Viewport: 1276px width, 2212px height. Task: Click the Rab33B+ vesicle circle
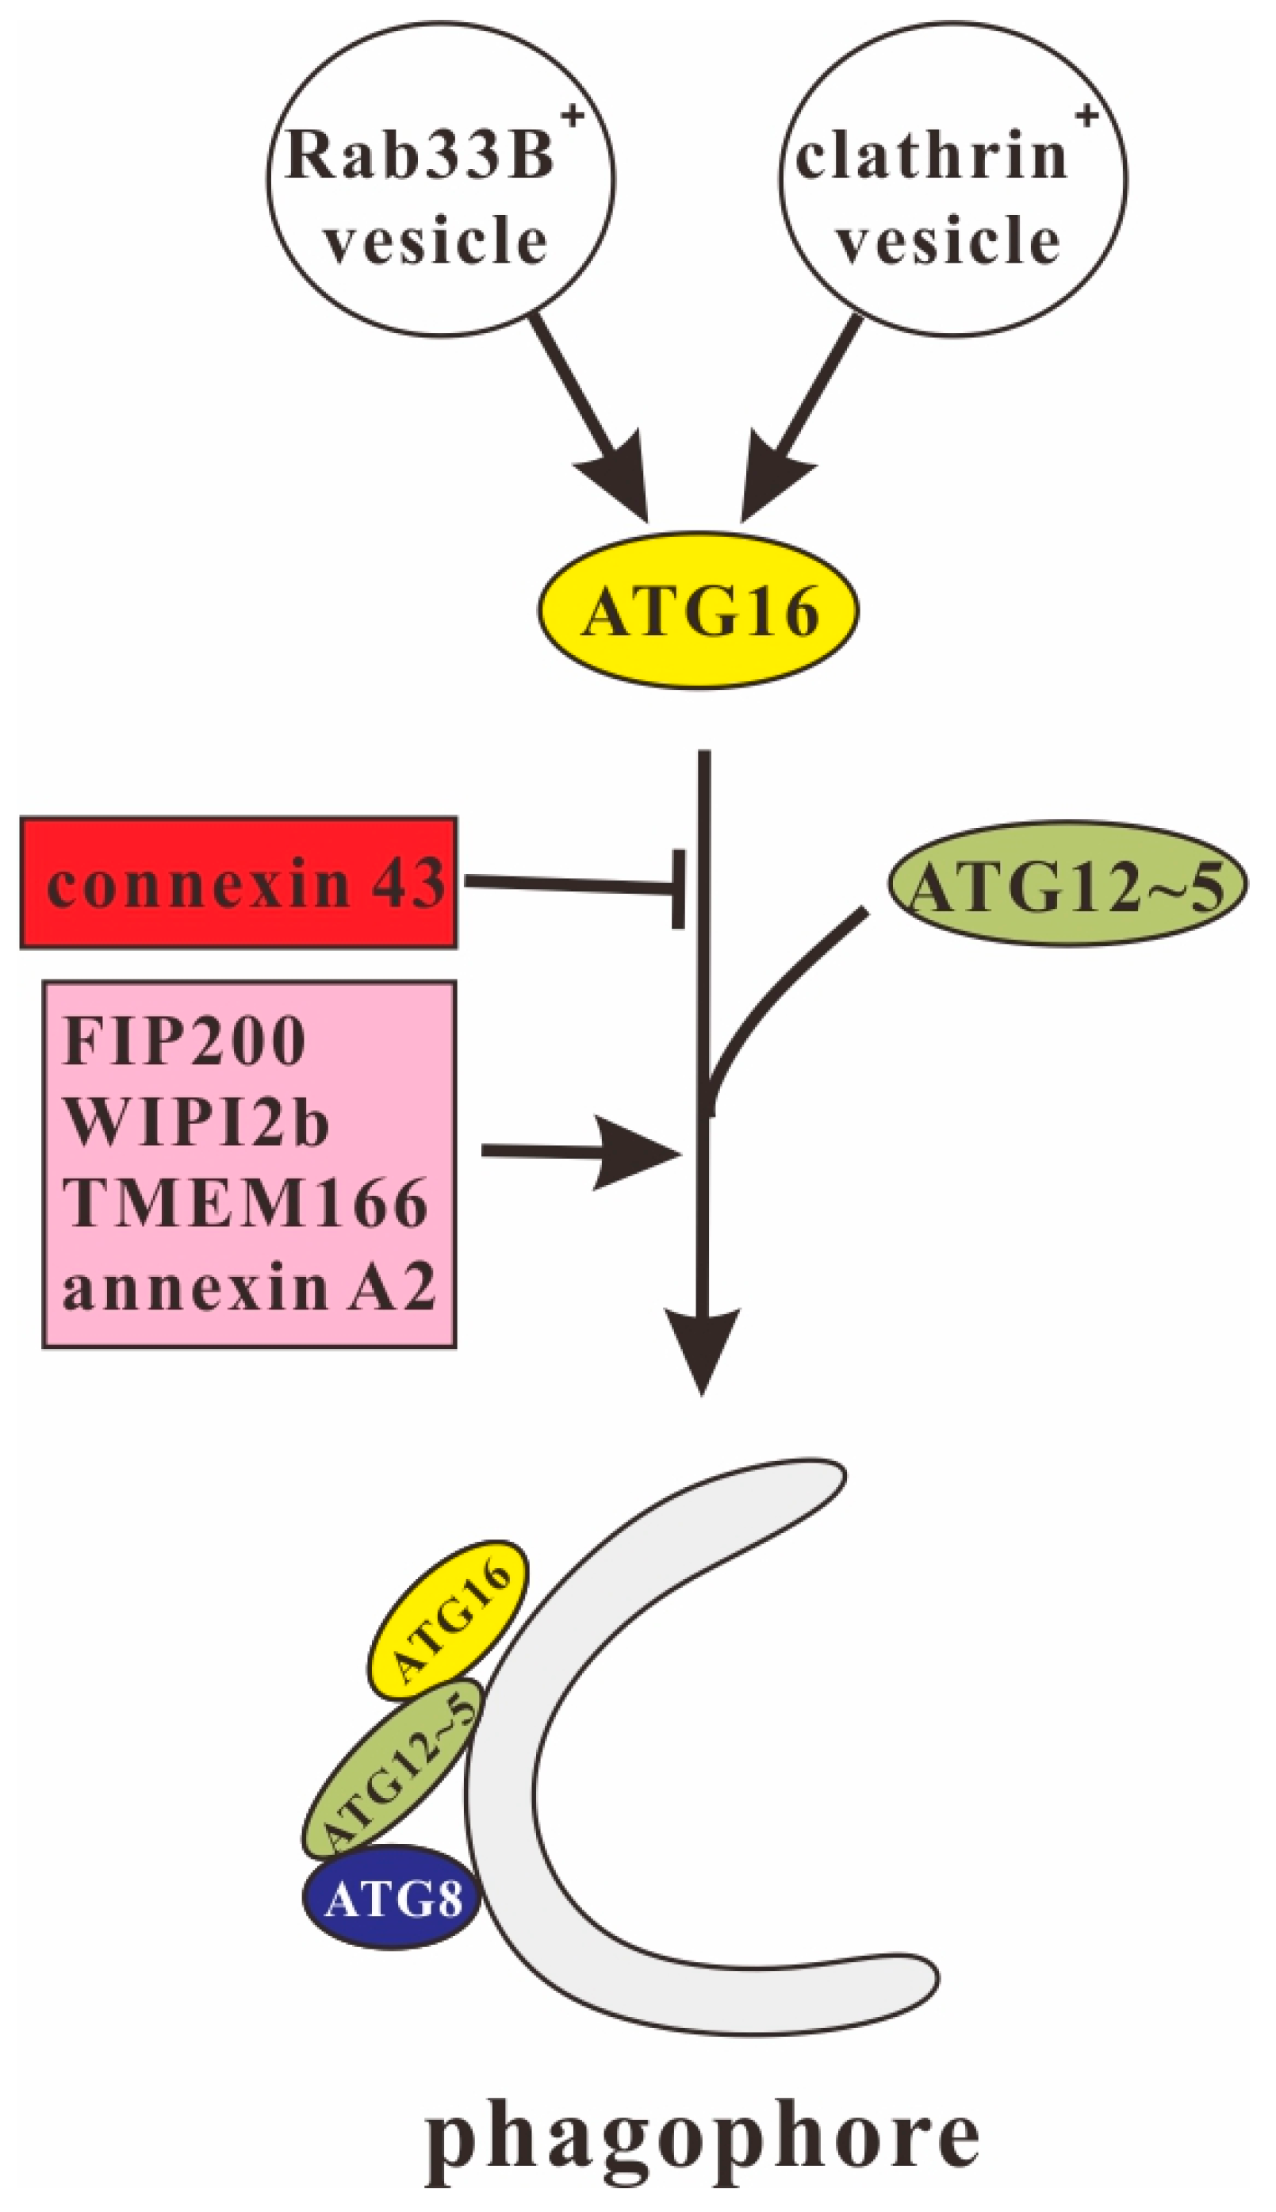click(440, 178)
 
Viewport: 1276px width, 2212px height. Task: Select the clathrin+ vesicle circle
click(952, 178)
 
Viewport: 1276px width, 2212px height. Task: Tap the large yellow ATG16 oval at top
click(698, 611)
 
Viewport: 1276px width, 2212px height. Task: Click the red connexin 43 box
click(239, 883)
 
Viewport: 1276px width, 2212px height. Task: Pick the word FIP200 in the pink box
click(185, 1042)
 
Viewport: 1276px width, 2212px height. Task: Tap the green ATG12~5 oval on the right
click(1067, 883)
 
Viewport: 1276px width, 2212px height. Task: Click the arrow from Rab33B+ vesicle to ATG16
click(587, 412)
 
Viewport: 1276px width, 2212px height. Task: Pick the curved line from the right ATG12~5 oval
click(780, 991)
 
